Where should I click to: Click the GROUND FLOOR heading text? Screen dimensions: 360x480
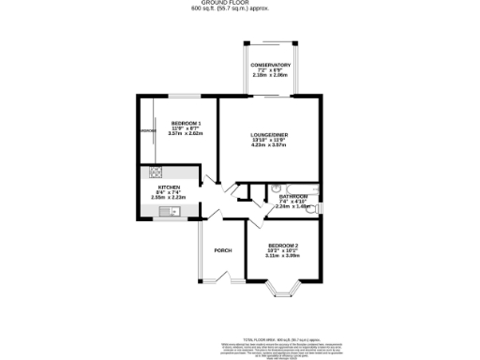[x=239, y=4]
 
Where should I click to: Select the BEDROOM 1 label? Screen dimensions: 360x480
[x=186, y=124]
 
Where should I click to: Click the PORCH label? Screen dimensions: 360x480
[x=223, y=250]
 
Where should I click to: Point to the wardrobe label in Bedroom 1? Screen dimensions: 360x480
[x=148, y=131]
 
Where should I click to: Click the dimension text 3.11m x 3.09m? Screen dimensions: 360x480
[x=281, y=255]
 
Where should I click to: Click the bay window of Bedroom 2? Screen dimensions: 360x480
[x=283, y=292]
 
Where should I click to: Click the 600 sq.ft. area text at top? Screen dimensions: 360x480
[x=239, y=10]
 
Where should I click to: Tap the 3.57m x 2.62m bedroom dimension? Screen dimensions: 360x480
[x=186, y=134]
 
